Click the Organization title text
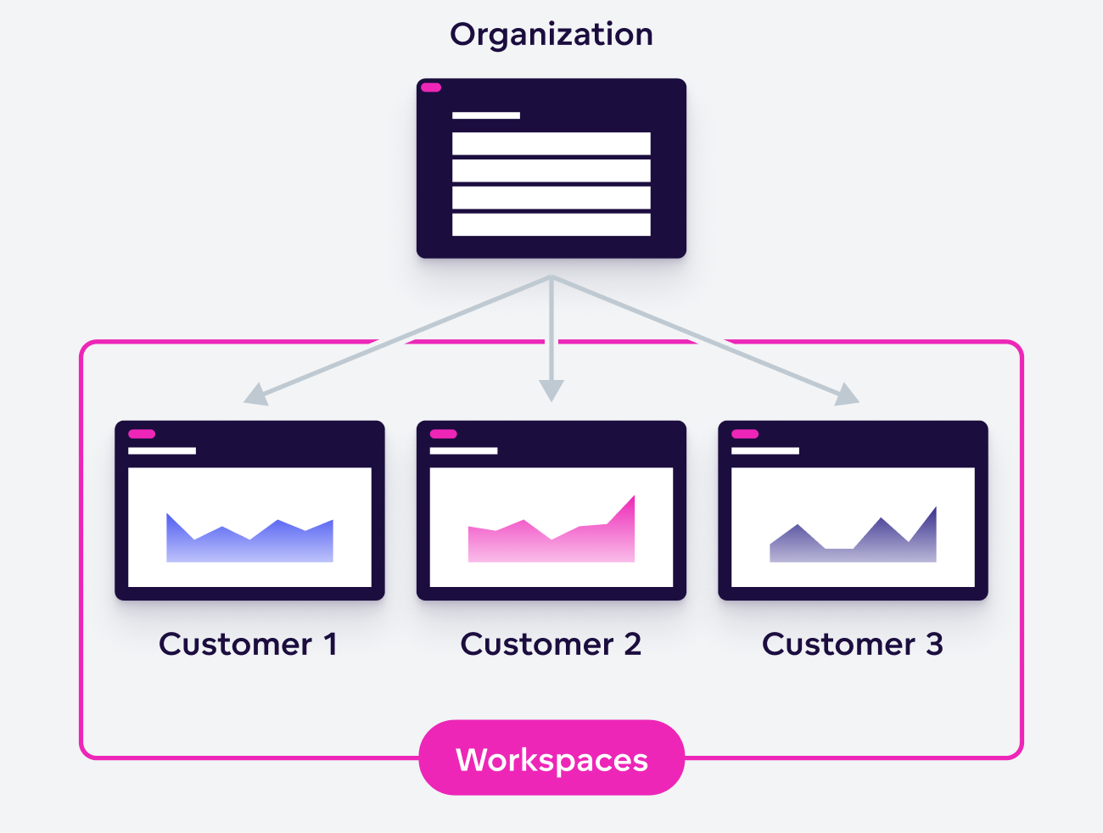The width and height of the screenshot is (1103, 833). (x=551, y=35)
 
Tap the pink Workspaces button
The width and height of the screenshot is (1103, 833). (x=551, y=758)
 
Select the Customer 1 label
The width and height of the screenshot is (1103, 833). (x=249, y=645)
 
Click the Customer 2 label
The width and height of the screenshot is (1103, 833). (x=551, y=645)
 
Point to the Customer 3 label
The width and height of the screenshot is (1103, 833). (x=853, y=645)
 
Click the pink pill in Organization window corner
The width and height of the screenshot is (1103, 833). (x=431, y=87)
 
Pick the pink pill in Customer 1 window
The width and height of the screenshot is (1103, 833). (x=142, y=434)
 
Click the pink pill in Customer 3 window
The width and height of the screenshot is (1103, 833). (x=745, y=434)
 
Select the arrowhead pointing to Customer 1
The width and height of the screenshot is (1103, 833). (x=255, y=395)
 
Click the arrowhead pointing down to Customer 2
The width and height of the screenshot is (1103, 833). (x=551, y=390)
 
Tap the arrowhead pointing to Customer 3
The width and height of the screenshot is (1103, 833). (x=848, y=395)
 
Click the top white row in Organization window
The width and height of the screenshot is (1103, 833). (x=551, y=143)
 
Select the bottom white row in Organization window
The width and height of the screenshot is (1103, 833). (x=551, y=225)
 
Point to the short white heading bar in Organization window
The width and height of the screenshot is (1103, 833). (x=486, y=115)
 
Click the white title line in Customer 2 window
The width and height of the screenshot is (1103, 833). (x=463, y=451)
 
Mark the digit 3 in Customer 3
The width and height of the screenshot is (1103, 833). (x=934, y=645)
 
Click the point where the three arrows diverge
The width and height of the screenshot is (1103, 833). (x=551, y=277)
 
